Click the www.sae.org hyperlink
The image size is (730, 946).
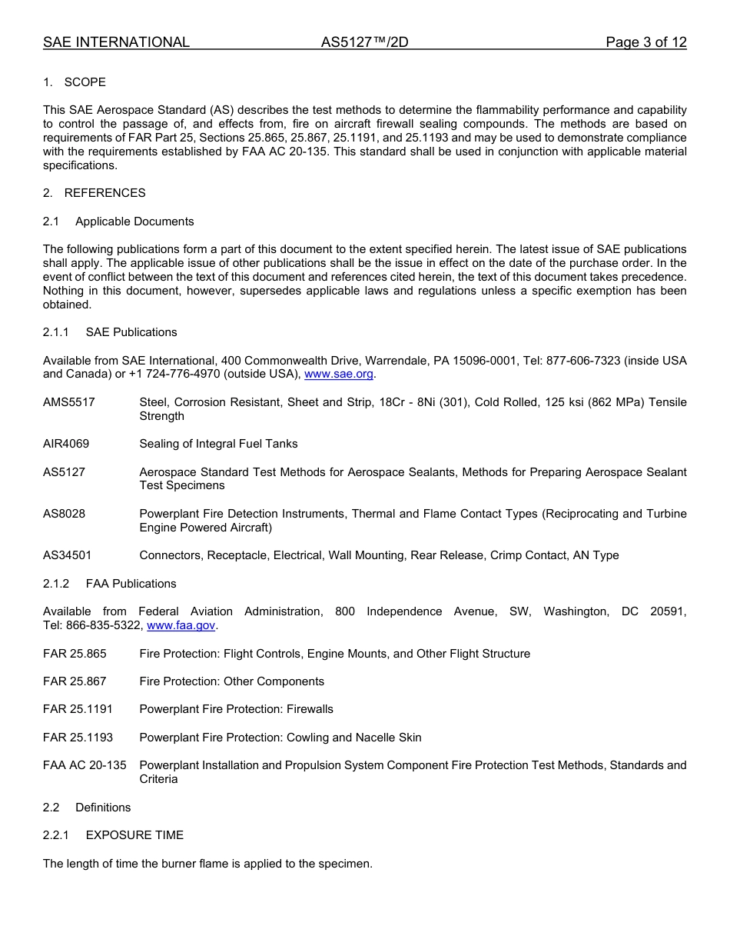pyautogui.click(x=339, y=375)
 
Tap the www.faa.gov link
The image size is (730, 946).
pyautogui.click(x=181, y=626)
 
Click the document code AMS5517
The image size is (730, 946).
pyautogui.click(x=69, y=402)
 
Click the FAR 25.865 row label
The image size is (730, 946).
pyautogui.click(x=75, y=654)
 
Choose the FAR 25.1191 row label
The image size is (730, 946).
pyautogui.click(x=78, y=709)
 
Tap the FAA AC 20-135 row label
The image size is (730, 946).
pyautogui.click(x=85, y=765)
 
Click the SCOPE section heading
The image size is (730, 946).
pyautogui.click(x=85, y=82)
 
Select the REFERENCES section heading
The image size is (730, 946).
pyautogui.click(x=105, y=193)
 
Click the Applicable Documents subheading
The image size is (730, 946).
pyautogui.click(x=134, y=222)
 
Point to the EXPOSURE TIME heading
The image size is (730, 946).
pyautogui.click(x=134, y=835)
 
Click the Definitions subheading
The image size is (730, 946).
pyautogui.click(x=103, y=808)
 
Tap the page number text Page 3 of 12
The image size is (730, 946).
pyautogui.click(x=645, y=42)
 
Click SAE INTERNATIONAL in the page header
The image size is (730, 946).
pyautogui.click(x=116, y=42)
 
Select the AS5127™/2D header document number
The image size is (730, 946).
pyautogui.click(x=364, y=42)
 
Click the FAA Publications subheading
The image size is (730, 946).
pyautogui.click(x=131, y=584)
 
